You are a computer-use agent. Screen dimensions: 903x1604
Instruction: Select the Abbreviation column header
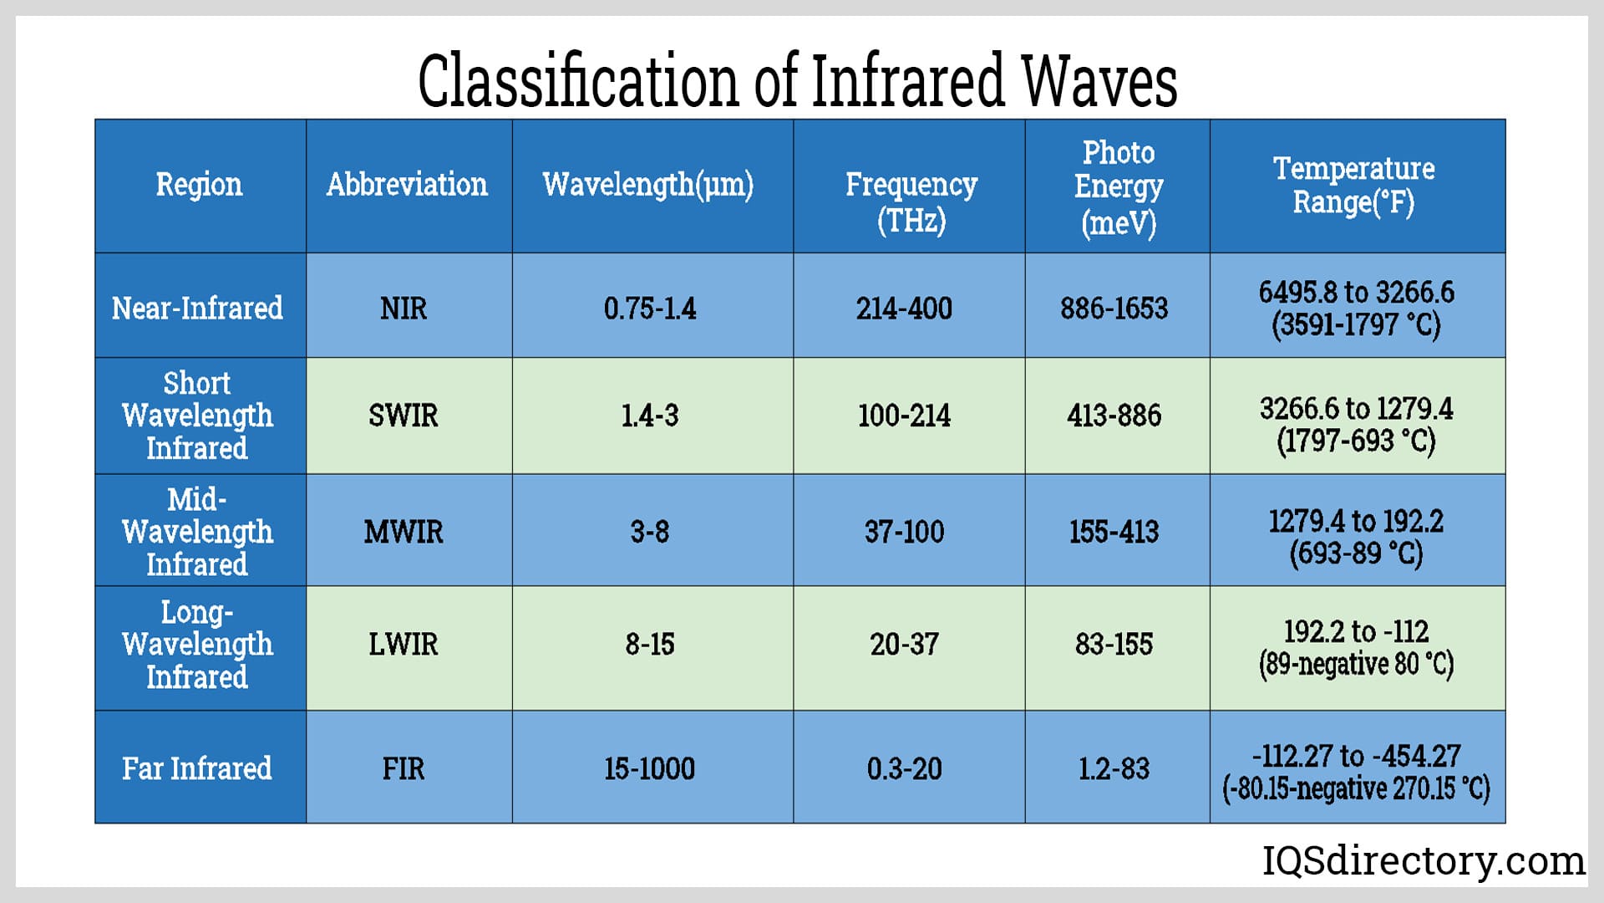[407, 185]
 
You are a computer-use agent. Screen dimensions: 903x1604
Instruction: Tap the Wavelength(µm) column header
[648, 185]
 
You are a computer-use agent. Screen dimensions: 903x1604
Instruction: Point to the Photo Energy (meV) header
[1118, 187]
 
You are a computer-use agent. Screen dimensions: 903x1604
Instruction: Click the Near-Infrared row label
[197, 309]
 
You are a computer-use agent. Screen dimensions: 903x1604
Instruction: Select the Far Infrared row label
[197, 768]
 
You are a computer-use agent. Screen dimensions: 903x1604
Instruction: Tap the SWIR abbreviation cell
[404, 416]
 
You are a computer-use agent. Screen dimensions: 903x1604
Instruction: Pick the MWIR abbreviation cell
[404, 532]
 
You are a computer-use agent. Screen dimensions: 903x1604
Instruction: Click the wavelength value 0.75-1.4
[650, 309]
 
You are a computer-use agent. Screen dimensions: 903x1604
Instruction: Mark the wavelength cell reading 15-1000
[650, 768]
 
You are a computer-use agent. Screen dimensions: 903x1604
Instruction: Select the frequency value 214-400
[904, 309]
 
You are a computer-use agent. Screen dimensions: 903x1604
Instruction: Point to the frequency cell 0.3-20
[904, 768]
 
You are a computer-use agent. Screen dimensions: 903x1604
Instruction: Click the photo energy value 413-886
[1114, 416]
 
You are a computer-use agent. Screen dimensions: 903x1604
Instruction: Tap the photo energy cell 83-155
[1114, 645]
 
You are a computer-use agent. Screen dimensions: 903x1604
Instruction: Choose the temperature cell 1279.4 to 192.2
[1356, 537]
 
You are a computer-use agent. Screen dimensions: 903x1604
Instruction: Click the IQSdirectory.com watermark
[1423, 860]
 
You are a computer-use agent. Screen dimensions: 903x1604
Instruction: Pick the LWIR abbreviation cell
[404, 645]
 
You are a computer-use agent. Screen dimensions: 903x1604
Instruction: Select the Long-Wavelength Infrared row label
[197, 645]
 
